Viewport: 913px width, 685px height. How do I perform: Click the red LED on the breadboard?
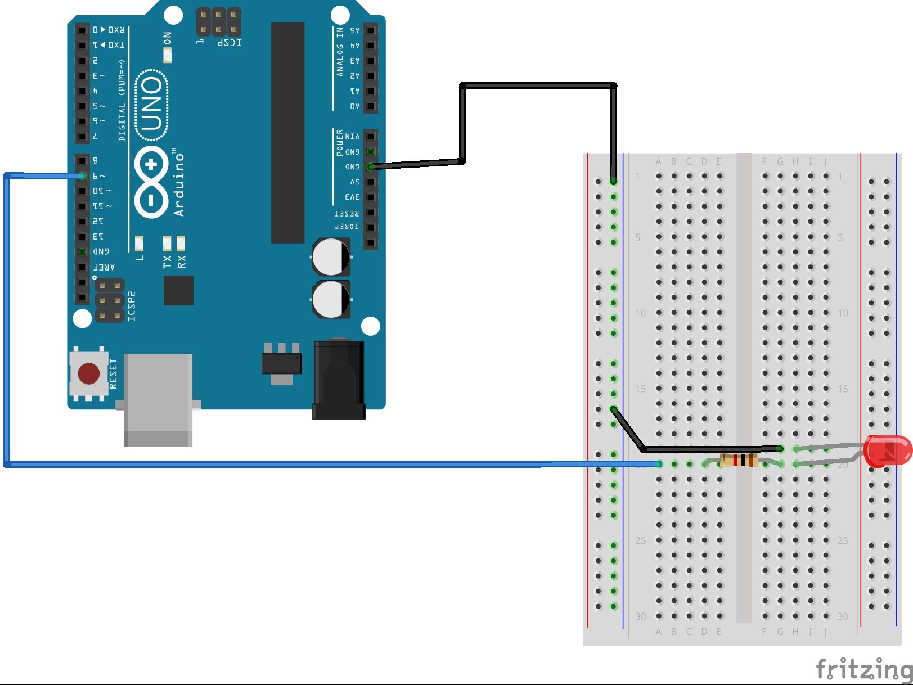[888, 451]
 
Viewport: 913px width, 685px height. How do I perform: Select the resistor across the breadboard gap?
[739, 461]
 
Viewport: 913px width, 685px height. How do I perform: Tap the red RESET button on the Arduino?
[89, 373]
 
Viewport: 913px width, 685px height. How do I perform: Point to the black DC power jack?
[339, 380]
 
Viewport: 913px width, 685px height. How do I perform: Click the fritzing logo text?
[863, 669]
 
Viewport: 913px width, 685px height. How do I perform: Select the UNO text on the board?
[152, 105]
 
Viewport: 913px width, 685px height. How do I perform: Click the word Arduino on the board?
[179, 183]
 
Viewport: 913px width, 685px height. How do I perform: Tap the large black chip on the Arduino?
[288, 132]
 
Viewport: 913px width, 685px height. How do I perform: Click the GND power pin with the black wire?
[370, 167]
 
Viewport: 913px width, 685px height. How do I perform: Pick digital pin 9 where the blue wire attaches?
[82, 176]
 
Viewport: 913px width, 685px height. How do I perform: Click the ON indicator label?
[167, 38]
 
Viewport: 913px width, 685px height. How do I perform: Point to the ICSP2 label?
[132, 307]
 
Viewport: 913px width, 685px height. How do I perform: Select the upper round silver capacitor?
[331, 257]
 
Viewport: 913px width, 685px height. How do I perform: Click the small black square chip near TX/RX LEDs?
[179, 290]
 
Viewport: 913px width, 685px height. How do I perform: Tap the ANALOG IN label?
[340, 52]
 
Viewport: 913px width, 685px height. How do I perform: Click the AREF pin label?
[104, 267]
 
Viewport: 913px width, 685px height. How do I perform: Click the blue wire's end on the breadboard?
[659, 464]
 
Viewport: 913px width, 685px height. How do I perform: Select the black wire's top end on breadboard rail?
[614, 181]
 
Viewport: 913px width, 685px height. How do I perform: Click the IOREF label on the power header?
[347, 227]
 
